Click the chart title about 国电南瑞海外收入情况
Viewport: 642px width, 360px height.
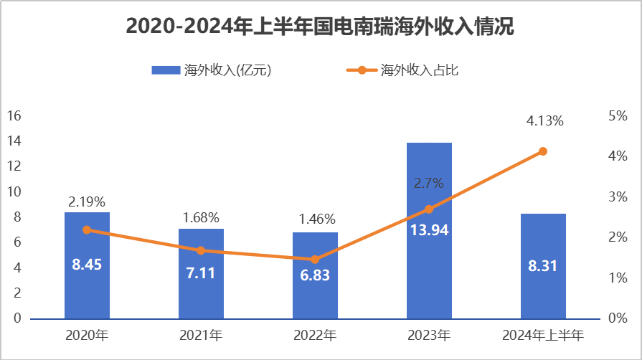click(x=321, y=27)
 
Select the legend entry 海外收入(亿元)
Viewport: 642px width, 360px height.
click(x=211, y=70)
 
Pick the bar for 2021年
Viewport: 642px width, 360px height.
click(x=201, y=294)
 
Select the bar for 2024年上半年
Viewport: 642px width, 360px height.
click(x=543, y=294)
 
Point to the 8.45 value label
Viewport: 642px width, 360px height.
click(x=87, y=265)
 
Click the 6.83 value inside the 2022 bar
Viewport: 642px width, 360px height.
click(x=315, y=275)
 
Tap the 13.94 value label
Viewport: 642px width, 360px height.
click(x=429, y=230)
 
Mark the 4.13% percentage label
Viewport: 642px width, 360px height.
click(x=544, y=121)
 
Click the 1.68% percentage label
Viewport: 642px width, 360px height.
click(x=201, y=217)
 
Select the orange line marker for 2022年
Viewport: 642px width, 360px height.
click(x=315, y=259)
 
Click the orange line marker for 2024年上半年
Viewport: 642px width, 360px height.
click(x=543, y=151)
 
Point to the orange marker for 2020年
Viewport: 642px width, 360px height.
click(x=87, y=229)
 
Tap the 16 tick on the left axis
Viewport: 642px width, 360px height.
click(x=15, y=115)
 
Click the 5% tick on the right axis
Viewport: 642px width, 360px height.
click(x=618, y=115)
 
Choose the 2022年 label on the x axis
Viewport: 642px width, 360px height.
click(x=315, y=335)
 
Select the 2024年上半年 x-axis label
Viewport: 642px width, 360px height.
click(x=543, y=335)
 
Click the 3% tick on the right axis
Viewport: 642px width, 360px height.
click(x=618, y=196)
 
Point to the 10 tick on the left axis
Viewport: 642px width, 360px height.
click(x=15, y=191)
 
